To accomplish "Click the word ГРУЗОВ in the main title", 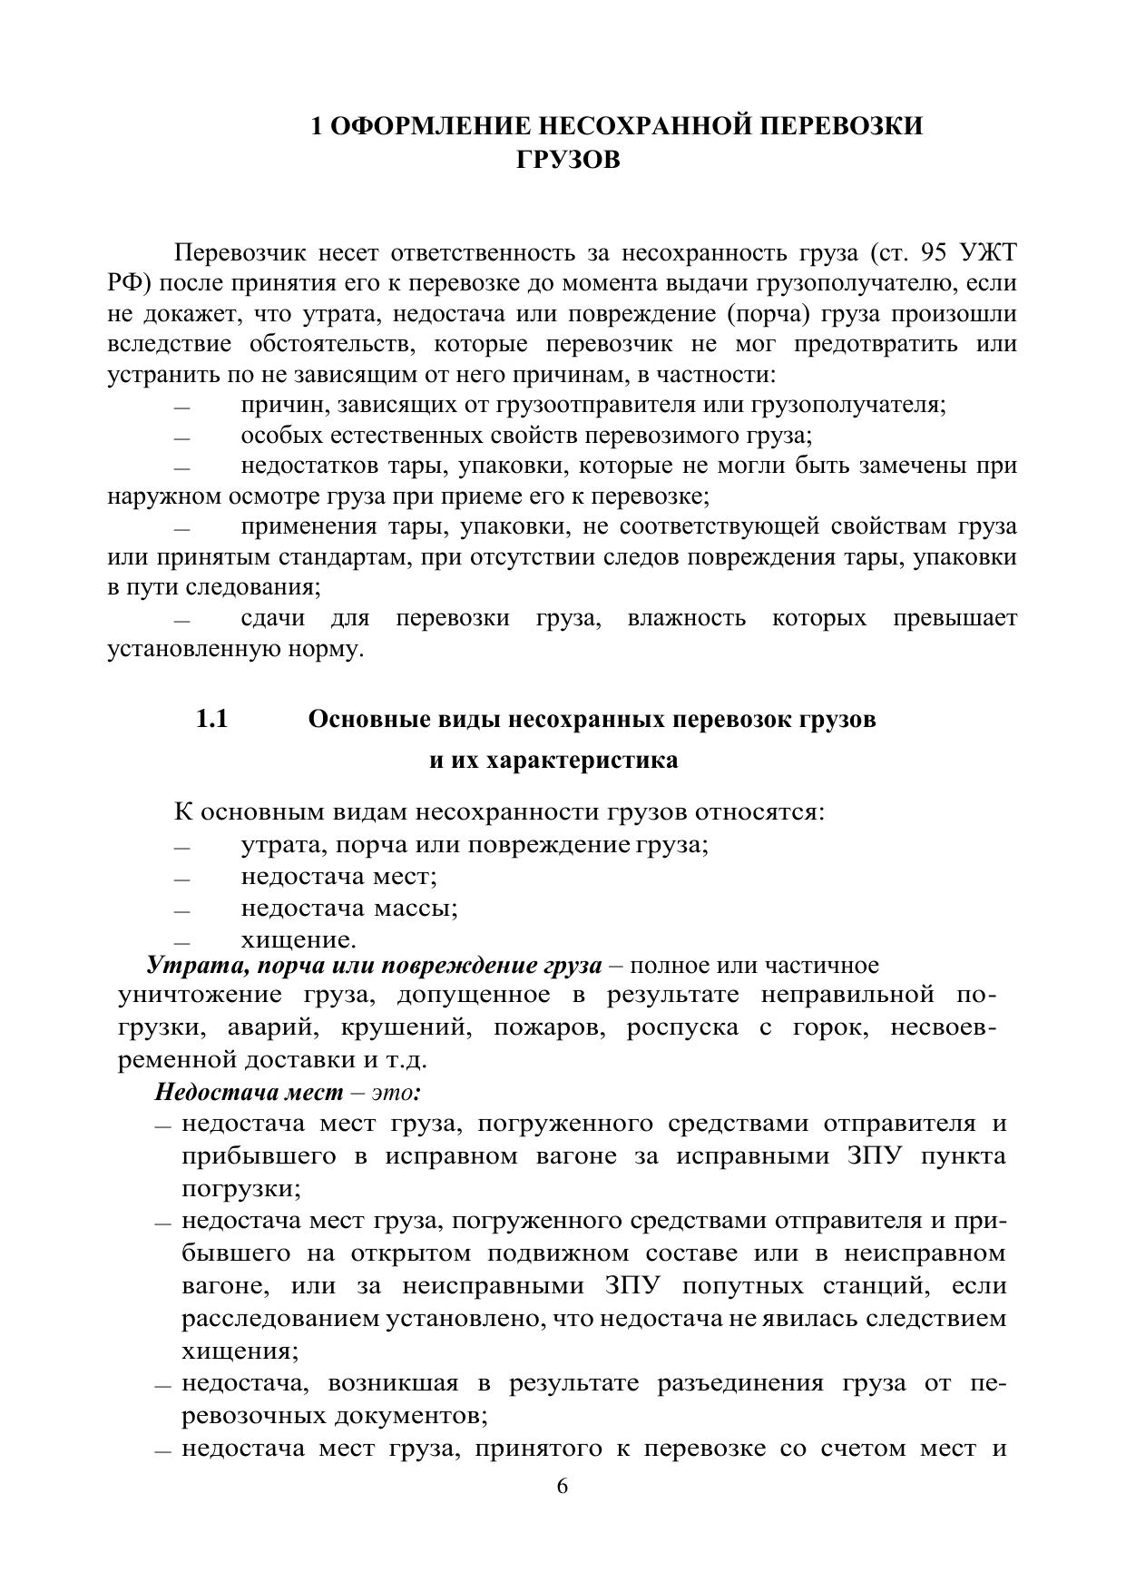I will pos(568,160).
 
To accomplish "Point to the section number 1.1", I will pos(211,720).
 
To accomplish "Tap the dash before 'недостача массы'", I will pos(181,910).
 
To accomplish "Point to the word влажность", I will pos(686,619).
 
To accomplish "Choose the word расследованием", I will pos(281,1318).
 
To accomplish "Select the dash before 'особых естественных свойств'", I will pos(181,437).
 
